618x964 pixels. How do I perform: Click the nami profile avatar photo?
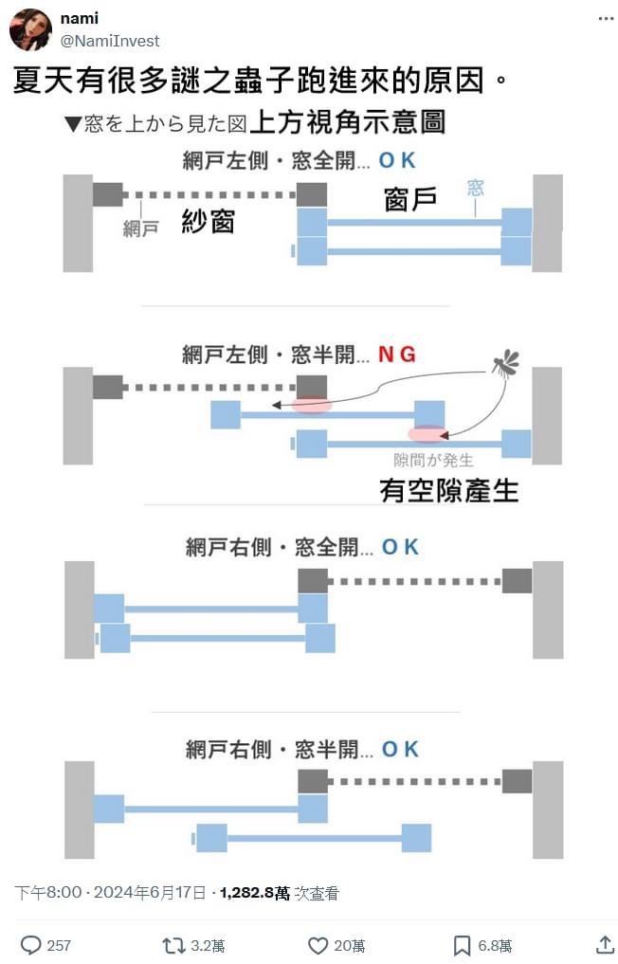(x=30, y=29)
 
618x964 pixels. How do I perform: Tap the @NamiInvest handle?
(x=110, y=41)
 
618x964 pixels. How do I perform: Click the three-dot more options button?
(x=606, y=18)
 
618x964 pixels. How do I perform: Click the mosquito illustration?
(x=506, y=362)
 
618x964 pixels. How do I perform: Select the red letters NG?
(x=396, y=355)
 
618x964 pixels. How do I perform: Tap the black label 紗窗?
(x=208, y=223)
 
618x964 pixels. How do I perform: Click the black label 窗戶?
(x=410, y=199)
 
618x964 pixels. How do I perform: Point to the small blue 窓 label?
(x=475, y=188)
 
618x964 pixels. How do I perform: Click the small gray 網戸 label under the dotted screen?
(x=141, y=228)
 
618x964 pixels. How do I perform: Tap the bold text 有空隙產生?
(x=448, y=490)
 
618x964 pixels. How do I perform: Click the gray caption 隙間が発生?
(x=433, y=461)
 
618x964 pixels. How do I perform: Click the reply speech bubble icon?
(x=31, y=944)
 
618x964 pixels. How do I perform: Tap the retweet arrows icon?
(x=173, y=944)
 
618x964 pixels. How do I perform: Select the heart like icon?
(x=318, y=944)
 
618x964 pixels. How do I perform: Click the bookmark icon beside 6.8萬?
(x=462, y=944)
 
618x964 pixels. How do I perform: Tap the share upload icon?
(x=605, y=944)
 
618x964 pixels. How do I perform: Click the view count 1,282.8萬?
(x=254, y=892)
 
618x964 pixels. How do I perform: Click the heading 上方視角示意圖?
(x=347, y=122)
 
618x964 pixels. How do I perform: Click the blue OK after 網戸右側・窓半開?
(x=400, y=749)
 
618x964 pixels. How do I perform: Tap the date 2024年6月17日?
(x=152, y=892)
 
